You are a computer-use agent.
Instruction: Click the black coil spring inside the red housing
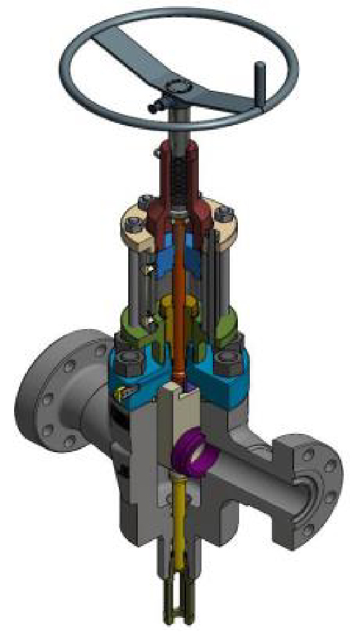(180, 177)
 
